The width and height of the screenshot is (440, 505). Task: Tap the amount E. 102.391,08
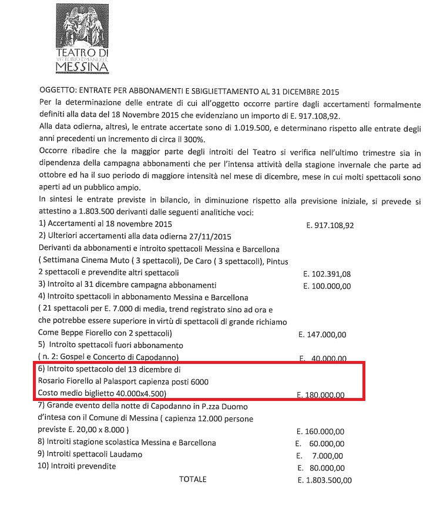325,274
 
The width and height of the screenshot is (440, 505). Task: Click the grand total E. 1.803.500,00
325,480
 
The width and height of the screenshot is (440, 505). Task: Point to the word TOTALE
193,479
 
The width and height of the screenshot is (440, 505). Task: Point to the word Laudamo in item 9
124,454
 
